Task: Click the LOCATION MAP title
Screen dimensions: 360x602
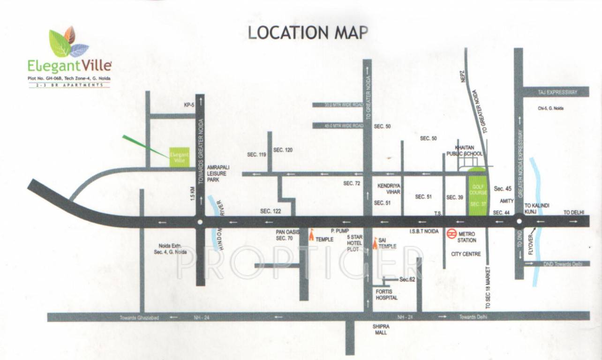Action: [x=308, y=32]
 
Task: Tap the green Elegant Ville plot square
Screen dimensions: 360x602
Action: [x=179, y=157]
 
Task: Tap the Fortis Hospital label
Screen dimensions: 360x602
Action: [x=387, y=294]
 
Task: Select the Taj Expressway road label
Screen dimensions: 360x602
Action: [x=557, y=93]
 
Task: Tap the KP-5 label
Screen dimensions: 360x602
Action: [x=189, y=105]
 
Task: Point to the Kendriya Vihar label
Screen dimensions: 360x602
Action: [x=388, y=188]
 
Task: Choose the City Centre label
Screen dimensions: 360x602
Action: [x=466, y=254]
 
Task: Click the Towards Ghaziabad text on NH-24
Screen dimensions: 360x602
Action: [x=139, y=317]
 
